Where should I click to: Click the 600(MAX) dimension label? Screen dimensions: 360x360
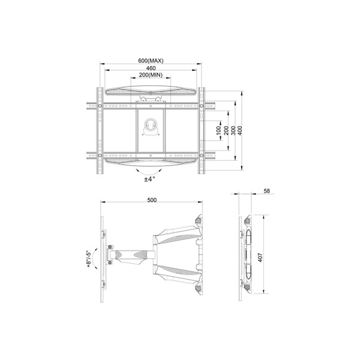point(151,61)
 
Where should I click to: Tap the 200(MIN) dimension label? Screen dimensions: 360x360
point(151,76)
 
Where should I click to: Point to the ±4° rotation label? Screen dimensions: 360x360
point(149,178)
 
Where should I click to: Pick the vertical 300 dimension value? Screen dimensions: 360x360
point(233,130)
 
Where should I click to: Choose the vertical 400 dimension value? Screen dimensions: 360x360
point(241,130)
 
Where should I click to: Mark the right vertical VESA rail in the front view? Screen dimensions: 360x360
point(202,130)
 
